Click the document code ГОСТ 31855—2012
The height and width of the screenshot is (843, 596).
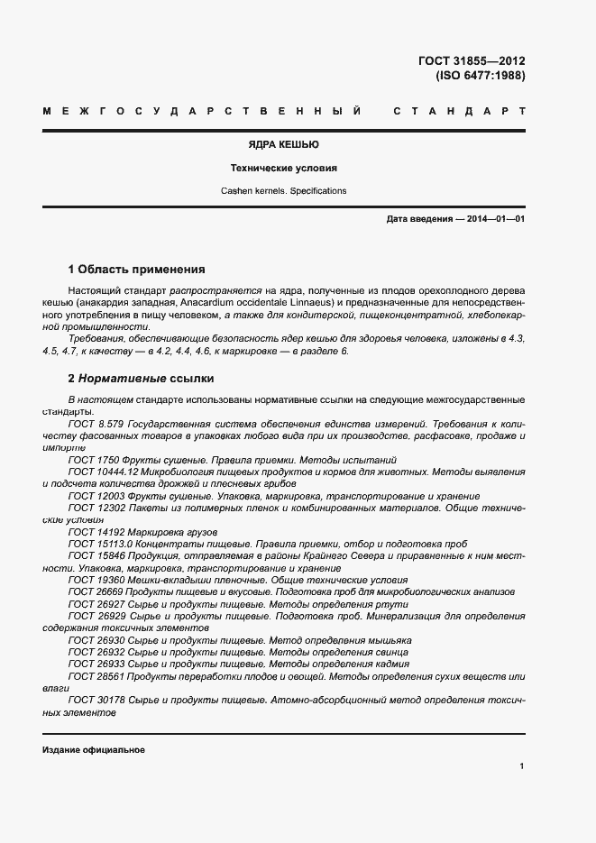click(x=472, y=61)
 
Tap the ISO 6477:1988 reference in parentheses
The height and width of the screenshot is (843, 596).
click(x=480, y=76)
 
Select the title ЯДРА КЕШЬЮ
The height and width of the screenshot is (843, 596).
click(x=283, y=144)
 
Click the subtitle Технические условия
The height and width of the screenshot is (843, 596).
click(x=283, y=168)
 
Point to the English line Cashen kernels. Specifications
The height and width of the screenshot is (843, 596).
click(x=283, y=191)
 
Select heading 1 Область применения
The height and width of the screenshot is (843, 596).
click(x=137, y=269)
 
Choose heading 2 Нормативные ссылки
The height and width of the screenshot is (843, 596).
click(x=141, y=379)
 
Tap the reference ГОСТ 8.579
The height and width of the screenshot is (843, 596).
click(x=95, y=423)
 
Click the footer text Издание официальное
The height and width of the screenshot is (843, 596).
click(x=93, y=750)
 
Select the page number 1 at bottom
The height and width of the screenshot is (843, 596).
click(x=522, y=765)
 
